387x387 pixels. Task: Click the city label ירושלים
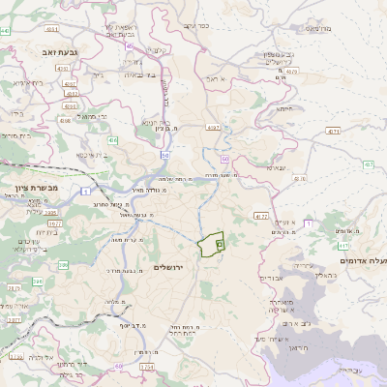tap(175, 267)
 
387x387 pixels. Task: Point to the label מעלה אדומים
tap(363, 261)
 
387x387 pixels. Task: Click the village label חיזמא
tap(284, 109)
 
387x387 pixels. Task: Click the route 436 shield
tap(112, 141)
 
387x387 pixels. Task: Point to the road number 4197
tap(213, 126)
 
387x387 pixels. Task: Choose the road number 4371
tap(333, 130)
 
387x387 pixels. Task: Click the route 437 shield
tap(369, 165)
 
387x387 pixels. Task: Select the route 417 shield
tap(343, 247)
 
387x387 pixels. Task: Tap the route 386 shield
tap(64, 264)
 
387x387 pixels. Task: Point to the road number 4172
tap(260, 215)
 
